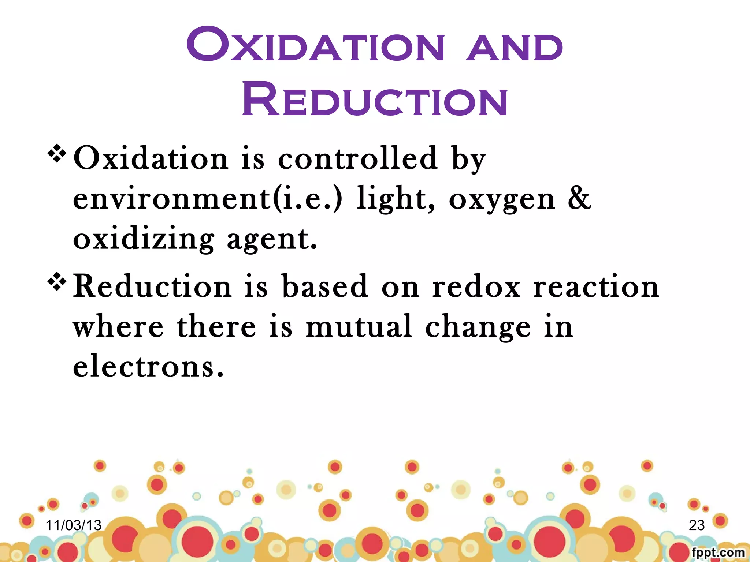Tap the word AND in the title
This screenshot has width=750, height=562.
pos(514,47)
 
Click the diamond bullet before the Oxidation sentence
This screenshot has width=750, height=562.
pos(57,154)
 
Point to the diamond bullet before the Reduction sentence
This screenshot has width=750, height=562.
pos(57,282)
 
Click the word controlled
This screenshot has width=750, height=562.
pos(358,158)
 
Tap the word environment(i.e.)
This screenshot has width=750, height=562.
pos(208,198)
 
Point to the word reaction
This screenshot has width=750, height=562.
pos(596,286)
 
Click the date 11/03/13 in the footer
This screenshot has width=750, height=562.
pos(73,525)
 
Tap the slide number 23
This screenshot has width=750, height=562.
pos(697,525)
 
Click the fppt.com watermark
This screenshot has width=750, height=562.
pos(718,552)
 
